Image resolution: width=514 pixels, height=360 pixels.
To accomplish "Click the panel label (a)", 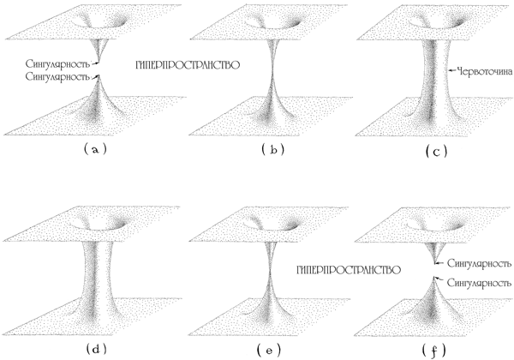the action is point(95,149).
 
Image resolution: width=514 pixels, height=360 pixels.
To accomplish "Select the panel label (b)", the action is point(273,150).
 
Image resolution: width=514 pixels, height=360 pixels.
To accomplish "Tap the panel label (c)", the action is point(436,152).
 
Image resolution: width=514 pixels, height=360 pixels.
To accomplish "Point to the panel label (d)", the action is point(96,350).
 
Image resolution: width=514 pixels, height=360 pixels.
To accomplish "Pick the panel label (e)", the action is point(269,351).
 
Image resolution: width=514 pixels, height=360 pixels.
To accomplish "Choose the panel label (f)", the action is point(434,351).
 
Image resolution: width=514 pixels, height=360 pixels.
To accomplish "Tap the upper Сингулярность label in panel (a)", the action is point(57,63).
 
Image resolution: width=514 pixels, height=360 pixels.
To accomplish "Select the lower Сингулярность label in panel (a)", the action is point(57,77).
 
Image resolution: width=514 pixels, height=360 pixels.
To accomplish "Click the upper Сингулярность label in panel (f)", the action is point(479,264).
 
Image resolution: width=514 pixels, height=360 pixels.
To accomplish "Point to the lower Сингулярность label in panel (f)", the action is point(479,283).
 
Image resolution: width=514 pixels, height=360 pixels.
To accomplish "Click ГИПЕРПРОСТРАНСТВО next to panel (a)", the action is point(188,65).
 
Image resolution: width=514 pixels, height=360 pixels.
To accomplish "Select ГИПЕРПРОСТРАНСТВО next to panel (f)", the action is point(349,270).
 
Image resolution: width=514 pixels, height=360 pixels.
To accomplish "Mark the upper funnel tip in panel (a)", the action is point(98,62).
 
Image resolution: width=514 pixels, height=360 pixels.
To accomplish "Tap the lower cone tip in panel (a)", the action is point(98,77).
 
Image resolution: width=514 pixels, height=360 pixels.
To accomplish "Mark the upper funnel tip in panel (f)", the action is point(435,263).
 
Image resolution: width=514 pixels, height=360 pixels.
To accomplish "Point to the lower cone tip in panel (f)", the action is point(434,278).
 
